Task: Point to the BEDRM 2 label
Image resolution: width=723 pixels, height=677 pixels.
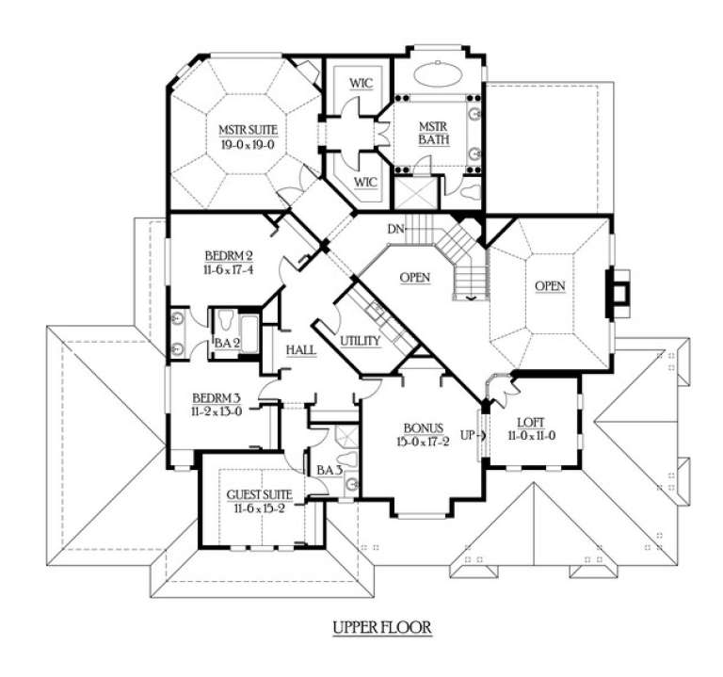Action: click(228, 254)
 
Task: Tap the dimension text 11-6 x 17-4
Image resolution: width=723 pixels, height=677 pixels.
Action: click(228, 269)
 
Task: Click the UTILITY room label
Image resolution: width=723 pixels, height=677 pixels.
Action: click(360, 339)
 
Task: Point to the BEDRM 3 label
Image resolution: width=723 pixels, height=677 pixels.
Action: click(217, 398)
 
